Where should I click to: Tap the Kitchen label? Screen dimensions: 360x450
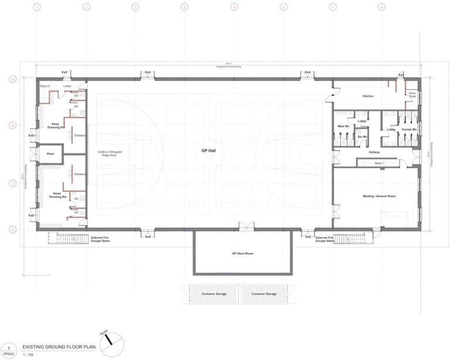[x=368, y=96]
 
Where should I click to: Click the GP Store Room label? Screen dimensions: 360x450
[x=241, y=253]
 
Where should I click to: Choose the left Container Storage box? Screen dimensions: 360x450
[x=211, y=294]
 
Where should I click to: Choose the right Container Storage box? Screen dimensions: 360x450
[x=264, y=294]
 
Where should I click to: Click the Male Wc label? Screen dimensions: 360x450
[x=343, y=127]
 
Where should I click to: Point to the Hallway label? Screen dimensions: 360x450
[x=374, y=152]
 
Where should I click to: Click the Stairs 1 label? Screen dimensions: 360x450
[x=379, y=163]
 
